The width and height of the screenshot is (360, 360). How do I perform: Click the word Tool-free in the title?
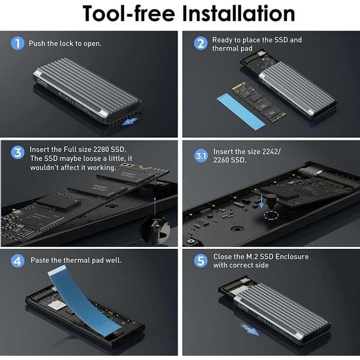pos(128,14)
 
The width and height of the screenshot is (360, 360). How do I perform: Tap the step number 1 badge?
pos(17,43)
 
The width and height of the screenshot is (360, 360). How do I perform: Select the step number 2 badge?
pos(200,43)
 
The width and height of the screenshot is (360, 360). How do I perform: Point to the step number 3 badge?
pos(17,153)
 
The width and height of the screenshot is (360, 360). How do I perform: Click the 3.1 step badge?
pos(201,156)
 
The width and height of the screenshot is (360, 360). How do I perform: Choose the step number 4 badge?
pos(17,261)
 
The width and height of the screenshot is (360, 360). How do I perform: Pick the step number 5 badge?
pos(200,260)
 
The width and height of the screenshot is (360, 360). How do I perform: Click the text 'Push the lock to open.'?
pos(65,43)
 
